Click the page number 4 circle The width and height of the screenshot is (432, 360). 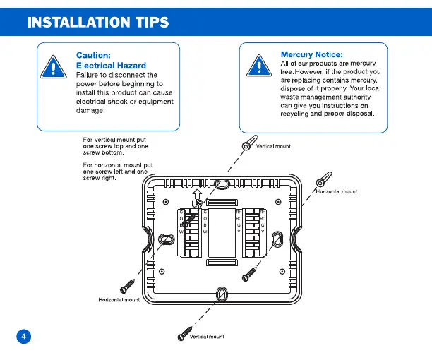(x=24, y=336)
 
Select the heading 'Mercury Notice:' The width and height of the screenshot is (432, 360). (x=311, y=54)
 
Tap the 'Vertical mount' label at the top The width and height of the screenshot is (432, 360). (x=273, y=147)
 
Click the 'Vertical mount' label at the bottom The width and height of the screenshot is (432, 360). (x=207, y=337)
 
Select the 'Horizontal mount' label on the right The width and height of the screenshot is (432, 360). (x=336, y=191)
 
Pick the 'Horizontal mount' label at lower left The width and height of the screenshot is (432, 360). (x=119, y=300)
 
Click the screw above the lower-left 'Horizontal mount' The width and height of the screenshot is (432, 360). (x=128, y=284)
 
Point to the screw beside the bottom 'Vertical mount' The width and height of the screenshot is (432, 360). (x=186, y=330)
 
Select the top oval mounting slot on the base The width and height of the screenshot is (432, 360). (x=221, y=184)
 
